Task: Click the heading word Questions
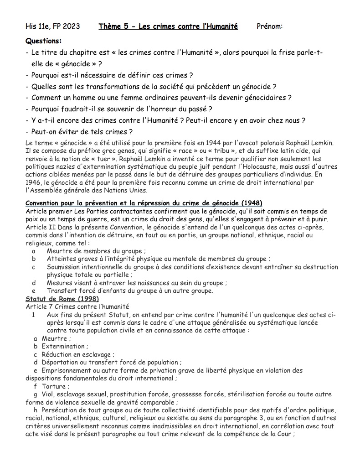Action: pos(44,41)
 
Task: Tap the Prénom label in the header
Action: pos(270,26)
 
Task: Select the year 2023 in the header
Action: pos(70,26)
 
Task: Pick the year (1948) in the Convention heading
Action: pos(252,203)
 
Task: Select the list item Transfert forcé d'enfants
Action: pos(129,291)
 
